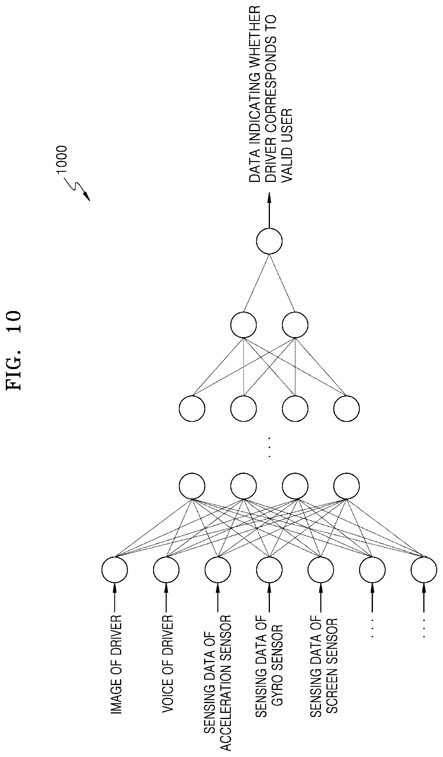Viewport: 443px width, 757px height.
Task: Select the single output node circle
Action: [x=269, y=241]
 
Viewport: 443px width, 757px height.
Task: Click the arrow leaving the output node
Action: [x=269, y=210]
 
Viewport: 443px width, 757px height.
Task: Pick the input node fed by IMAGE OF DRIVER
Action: [x=114, y=570]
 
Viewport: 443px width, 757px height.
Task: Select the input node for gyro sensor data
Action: [x=269, y=570]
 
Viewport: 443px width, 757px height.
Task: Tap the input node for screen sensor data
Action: [x=321, y=570]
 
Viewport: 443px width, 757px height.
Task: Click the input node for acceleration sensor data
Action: [x=218, y=570]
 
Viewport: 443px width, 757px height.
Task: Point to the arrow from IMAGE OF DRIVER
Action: [x=114, y=597]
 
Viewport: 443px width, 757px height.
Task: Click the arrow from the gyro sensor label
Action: [x=269, y=597]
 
